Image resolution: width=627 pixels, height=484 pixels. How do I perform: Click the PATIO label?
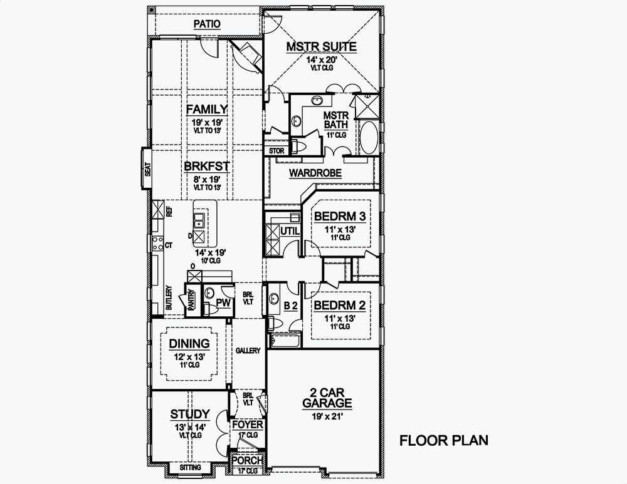(x=207, y=24)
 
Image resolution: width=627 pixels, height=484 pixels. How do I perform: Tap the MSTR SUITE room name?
(x=321, y=47)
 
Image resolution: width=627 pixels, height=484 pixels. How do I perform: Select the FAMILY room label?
(x=206, y=110)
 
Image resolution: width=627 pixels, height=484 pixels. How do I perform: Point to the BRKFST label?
(x=206, y=167)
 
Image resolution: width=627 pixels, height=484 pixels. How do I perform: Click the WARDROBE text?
(x=315, y=173)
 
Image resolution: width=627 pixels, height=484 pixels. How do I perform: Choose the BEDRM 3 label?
(x=340, y=216)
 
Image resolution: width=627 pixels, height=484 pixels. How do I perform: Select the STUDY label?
(x=190, y=414)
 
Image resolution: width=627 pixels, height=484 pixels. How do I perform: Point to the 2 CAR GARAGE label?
(x=327, y=397)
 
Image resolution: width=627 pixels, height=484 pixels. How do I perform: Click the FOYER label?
(x=247, y=425)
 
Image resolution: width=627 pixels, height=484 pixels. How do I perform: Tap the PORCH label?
(x=247, y=460)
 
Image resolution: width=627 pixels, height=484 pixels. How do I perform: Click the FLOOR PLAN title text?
(x=444, y=440)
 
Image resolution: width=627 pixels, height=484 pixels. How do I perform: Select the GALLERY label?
(x=248, y=351)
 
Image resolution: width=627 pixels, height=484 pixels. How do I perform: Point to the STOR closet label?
(x=277, y=151)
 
